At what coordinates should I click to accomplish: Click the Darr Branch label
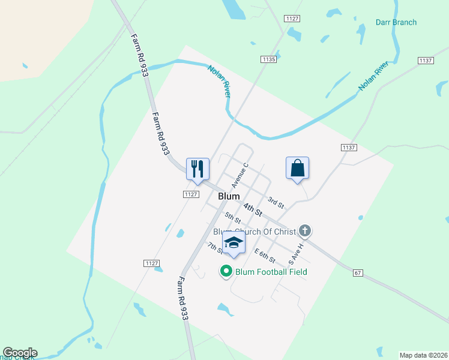396,23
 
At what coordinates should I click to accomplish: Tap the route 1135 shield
268,59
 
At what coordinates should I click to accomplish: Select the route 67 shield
358,273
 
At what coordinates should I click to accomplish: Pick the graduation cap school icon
234,242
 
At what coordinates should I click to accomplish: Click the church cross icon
305,230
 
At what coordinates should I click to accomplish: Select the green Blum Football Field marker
226,271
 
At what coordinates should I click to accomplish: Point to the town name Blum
229,196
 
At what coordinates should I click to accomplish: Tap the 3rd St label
276,203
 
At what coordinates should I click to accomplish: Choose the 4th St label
254,209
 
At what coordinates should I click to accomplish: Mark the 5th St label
233,218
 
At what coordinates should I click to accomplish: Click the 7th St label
214,248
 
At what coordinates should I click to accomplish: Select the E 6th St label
264,256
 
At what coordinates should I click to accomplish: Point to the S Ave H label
297,254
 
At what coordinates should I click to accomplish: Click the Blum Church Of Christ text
255,232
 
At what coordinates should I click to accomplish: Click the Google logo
20,353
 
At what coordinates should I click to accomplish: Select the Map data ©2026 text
423,355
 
